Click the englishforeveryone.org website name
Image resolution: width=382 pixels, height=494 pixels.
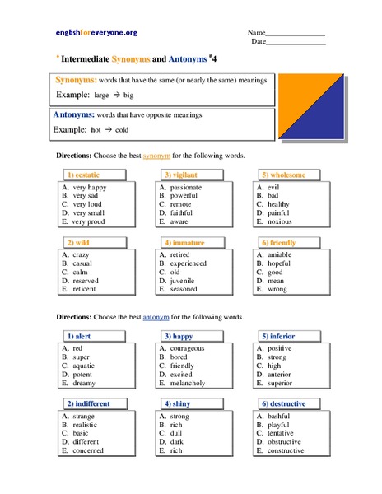point(96,32)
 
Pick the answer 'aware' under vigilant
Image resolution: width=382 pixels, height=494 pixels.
point(180,222)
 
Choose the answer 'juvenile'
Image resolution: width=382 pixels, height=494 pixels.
point(184,281)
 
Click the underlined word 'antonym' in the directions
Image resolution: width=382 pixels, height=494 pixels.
point(156,317)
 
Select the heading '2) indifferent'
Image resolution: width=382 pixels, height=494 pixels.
point(88,403)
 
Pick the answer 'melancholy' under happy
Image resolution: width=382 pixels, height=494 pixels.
point(190,383)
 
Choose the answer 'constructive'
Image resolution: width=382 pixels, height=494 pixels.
point(287,450)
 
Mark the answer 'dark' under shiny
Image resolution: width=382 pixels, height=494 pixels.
point(177,442)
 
